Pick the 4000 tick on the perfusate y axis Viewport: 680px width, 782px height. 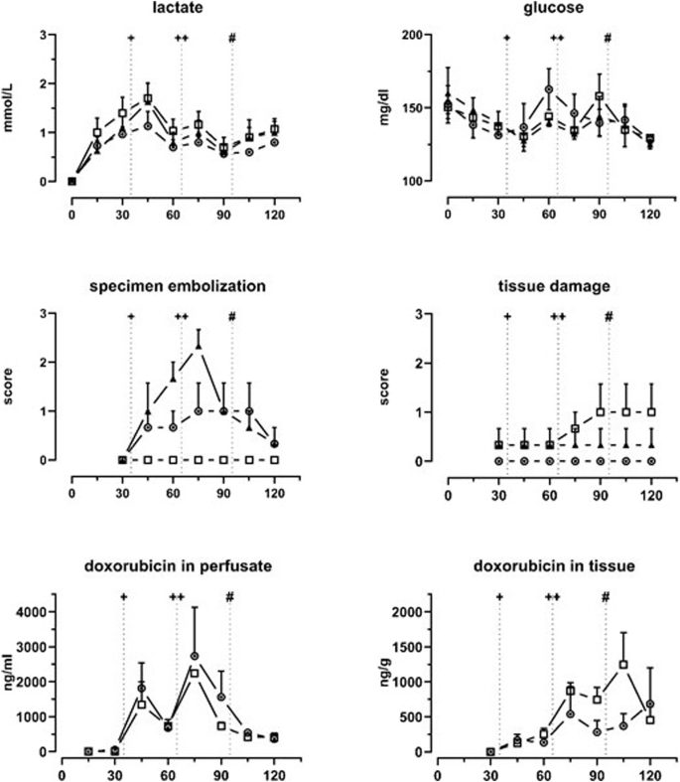pyautogui.click(x=35, y=612)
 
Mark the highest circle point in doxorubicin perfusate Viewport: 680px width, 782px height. pyautogui.click(x=195, y=657)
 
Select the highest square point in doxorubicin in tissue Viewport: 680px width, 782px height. pyautogui.click(x=623, y=664)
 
